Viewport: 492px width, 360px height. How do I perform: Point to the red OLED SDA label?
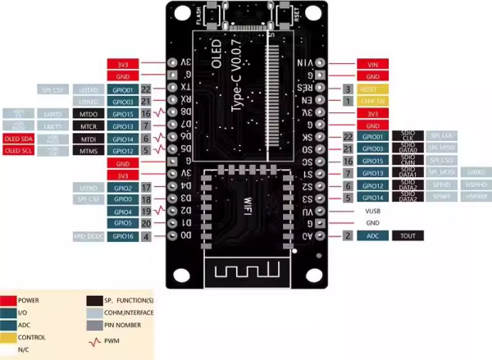point(16,139)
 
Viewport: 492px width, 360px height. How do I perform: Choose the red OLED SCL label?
point(16,151)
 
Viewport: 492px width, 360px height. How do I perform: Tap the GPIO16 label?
point(122,235)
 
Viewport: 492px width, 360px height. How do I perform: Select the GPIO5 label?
point(122,222)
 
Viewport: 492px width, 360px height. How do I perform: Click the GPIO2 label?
point(122,187)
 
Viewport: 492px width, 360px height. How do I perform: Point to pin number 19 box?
point(146,211)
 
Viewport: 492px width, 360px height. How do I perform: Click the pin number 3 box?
point(348,88)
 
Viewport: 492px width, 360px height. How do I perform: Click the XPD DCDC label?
point(89,235)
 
